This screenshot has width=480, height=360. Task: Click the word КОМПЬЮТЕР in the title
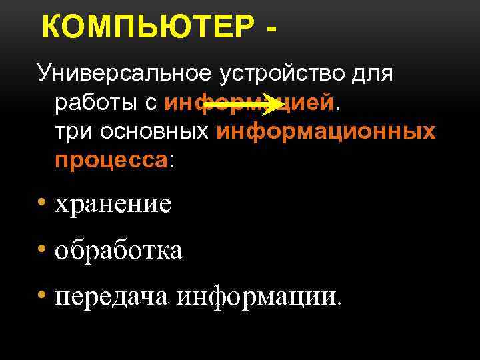coord(147,29)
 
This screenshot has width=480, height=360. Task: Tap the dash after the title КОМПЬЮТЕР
coord(271,31)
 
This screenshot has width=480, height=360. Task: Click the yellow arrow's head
coord(275,104)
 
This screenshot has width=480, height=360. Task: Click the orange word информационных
coord(325,131)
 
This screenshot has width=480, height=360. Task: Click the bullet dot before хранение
coord(42,203)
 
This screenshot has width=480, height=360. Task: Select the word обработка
coord(119,251)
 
